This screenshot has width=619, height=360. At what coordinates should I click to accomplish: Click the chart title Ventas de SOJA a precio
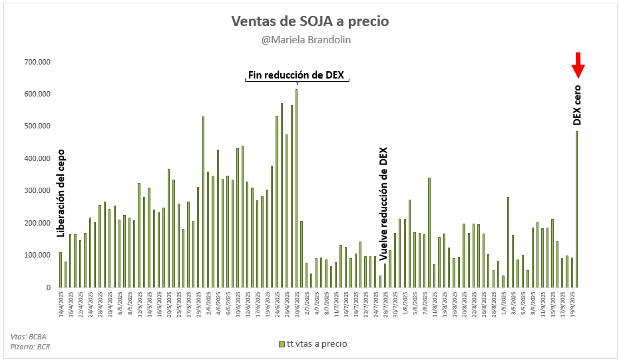coord(309,21)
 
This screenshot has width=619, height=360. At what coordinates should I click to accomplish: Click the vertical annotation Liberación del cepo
coord(61,193)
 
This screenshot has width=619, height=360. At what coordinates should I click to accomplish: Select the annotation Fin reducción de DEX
coord(296,75)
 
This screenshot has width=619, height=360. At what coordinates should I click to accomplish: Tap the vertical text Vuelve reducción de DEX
coord(383,203)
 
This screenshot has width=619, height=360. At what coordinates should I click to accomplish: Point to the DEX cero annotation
coord(577,104)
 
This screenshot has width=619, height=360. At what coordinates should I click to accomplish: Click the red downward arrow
coord(578,65)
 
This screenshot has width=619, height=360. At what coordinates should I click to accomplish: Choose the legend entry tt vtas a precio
coord(313,344)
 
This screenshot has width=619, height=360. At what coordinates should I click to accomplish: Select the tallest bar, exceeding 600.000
coord(296,188)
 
